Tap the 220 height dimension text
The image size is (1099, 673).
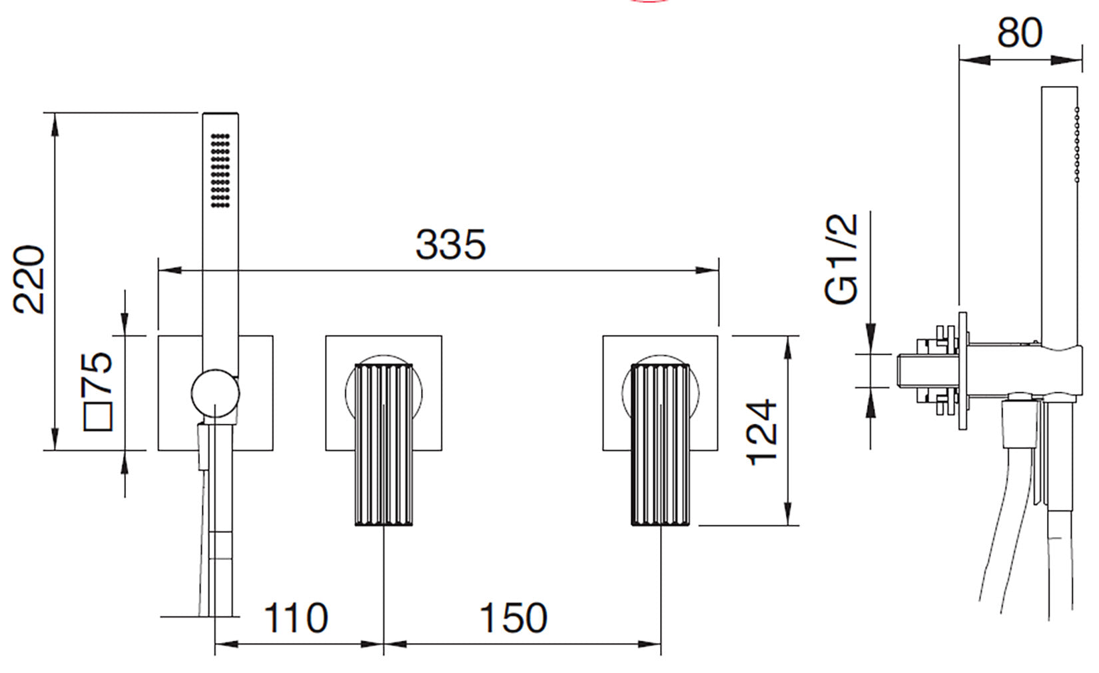point(30,280)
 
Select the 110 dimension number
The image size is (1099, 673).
point(296,618)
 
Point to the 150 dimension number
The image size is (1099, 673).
point(514,618)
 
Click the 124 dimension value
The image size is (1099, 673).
point(761,432)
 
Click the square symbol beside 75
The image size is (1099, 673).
point(99,416)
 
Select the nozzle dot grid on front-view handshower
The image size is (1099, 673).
point(220,171)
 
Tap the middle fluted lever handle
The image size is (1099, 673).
point(384,443)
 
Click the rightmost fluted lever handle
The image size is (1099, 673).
point(661,443)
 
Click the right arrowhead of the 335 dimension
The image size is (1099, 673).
point(707,270)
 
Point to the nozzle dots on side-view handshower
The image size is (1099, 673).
point(1076,153)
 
